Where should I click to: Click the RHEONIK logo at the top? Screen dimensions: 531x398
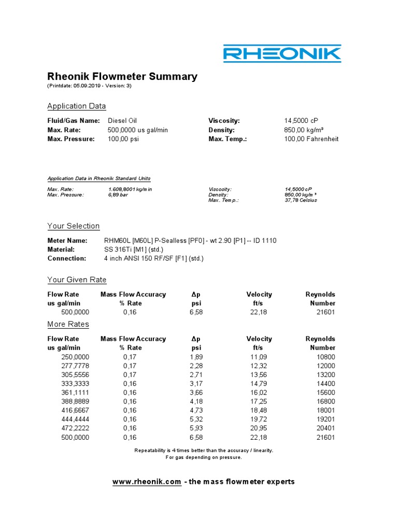point(282,53)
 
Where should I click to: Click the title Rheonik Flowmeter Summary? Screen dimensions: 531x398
point(122,77)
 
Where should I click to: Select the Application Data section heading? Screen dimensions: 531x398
point(77,106)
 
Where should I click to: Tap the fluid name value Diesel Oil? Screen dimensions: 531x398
point(122,121)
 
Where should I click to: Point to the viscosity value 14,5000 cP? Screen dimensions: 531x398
point(306,121)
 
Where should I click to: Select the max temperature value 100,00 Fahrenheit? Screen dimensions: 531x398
point(311,139)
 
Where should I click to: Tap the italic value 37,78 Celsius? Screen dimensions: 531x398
point(301,200)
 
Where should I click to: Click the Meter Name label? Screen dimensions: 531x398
point(67,241)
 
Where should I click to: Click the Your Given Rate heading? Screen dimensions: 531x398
point(77,280)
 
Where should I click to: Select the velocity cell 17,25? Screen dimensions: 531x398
point(259,402)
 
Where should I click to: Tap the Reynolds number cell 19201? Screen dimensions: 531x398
point(325,420)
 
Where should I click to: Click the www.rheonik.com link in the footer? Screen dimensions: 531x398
point(147,482)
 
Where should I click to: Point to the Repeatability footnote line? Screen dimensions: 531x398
point(203,451)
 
